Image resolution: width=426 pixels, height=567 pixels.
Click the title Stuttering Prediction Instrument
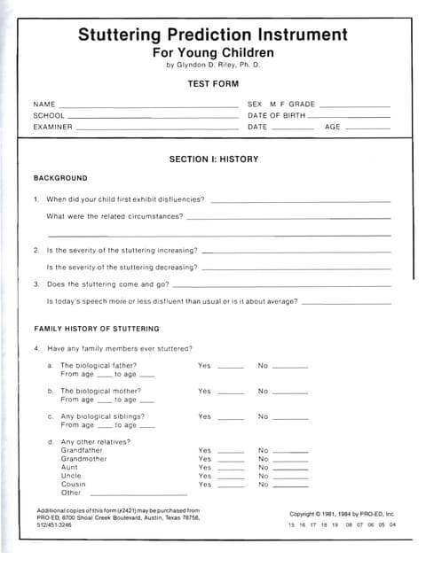click(x=212, y=35)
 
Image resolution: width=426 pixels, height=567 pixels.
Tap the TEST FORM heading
click(x=212, y=84)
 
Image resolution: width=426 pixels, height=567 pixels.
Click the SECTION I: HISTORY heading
click(x=213, y=159)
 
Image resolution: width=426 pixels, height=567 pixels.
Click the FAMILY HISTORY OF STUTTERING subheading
click(x=96, y=329)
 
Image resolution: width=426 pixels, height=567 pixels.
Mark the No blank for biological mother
click(x=289, y=392)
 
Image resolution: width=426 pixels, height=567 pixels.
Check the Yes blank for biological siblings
click(x=230, y=418)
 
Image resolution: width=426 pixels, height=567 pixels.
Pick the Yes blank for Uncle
click(x=230, y=478)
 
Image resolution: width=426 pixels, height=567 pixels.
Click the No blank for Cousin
click(x=289, y=486)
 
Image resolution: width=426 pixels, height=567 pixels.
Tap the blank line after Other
click(x=138, y=494)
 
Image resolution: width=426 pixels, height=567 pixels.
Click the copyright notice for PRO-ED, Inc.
click(x=342, y=514)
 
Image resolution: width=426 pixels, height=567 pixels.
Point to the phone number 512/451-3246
click(x=54, y=525)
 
